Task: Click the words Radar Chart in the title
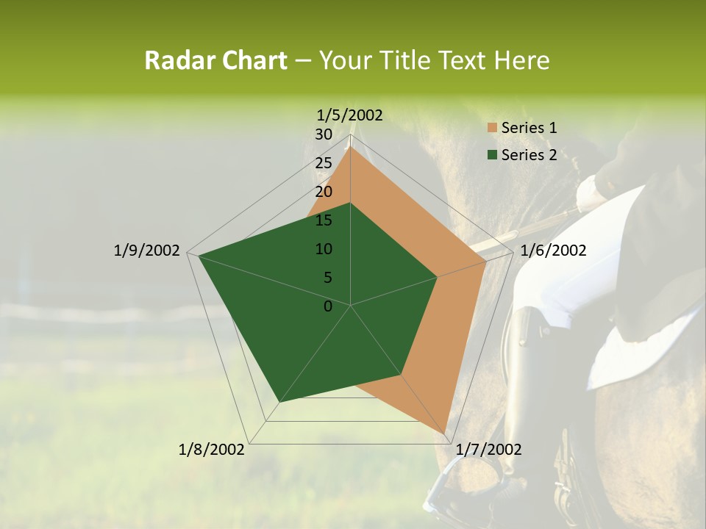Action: [x=215, y=61]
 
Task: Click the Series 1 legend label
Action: [x=529, y=128]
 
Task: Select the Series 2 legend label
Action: [x=529, y=155]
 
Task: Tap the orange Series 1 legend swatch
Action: [x=491, y=129]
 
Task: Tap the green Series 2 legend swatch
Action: [x=491, y=155]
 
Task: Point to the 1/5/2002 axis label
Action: [x=350, y=115]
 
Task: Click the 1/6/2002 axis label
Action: [x=553, y=251]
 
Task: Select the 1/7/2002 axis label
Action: [x=488, y=450]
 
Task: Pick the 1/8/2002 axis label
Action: [x=212, y=450]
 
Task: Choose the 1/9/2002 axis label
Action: [x=146, y=251]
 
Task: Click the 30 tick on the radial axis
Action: [x=324, y=134]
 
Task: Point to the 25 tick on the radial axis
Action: [x=324, y=163]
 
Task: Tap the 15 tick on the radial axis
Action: [x=324, y=220]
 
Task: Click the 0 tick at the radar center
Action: [x=328, y=306]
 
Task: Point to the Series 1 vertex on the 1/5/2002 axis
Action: [x=351, y=147]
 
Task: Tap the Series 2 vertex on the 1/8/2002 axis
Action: [x=279, y=402]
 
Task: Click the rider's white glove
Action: [x=591, y=193]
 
